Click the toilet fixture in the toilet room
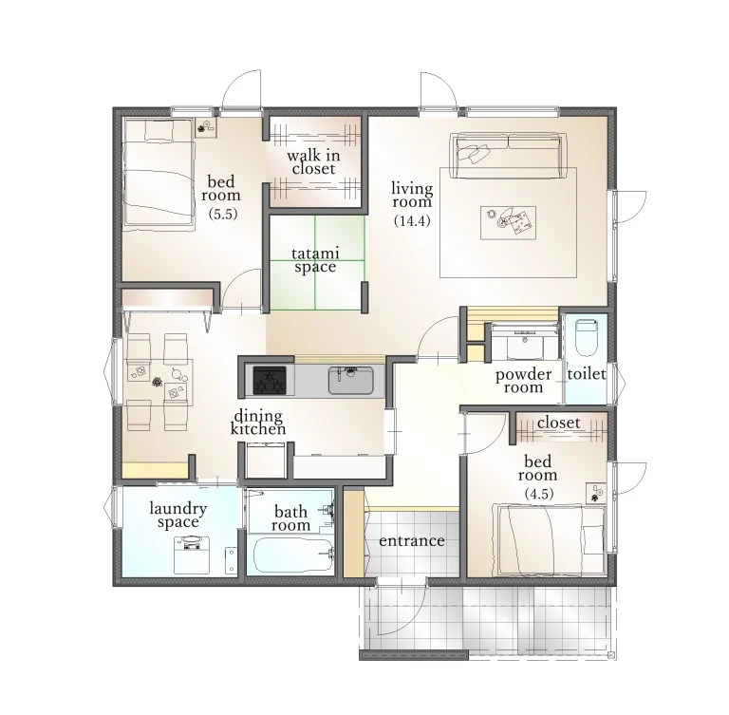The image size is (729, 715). (586, 337)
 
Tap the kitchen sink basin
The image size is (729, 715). (350, 380)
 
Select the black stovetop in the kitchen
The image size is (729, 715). (270, 380)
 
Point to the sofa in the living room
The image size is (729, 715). (508, 156)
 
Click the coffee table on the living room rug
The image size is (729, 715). (508, 223)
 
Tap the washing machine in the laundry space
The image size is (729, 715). (192, 555)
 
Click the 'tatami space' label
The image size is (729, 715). (315, 260)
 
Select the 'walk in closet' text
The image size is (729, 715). (313, 161)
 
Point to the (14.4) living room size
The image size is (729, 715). (412, 220)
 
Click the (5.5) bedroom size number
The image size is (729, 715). (223, 214)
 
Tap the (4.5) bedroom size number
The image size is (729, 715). (539, 494)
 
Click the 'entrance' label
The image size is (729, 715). (411, 541)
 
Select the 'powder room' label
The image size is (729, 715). (524, 381)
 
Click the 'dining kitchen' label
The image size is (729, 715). (258, 422)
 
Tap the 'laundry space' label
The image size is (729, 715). (178, 515)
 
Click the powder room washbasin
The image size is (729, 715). (525, 346)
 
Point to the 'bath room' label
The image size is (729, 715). (291, 518)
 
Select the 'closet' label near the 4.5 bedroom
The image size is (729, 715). (558, 423)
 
